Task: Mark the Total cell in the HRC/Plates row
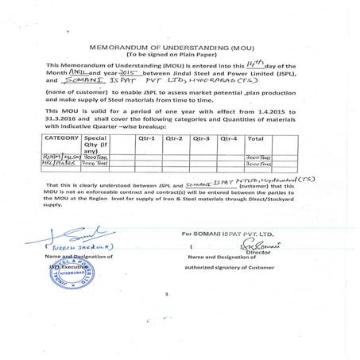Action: click(261, 165)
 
